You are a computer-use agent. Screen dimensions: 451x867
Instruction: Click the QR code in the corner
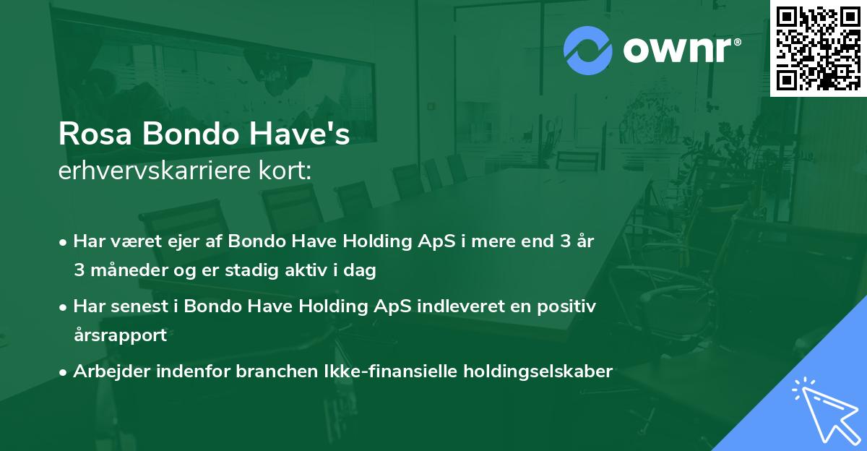(x=818, y=48)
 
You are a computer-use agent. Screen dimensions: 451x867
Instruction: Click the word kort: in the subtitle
(x=286, y=171)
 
